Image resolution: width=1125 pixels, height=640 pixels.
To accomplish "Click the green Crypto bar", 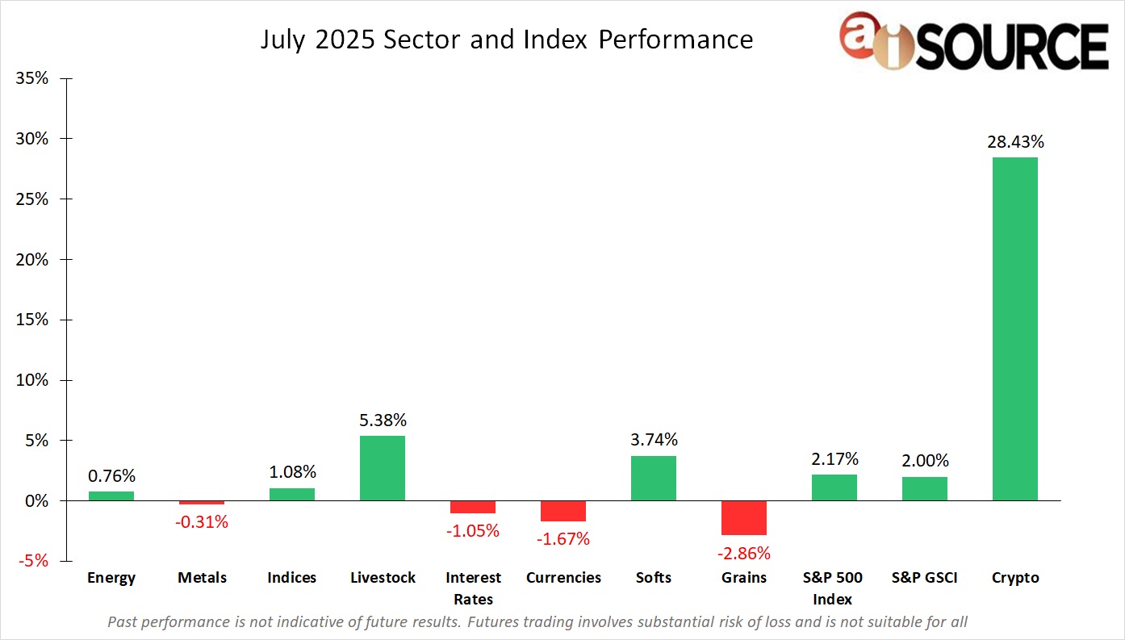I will point(1014,328).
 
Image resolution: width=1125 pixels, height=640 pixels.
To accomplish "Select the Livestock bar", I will point(382,468).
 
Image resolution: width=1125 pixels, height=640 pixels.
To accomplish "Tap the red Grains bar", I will point(743,517).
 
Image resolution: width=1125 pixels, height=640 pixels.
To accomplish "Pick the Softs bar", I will point(653,478).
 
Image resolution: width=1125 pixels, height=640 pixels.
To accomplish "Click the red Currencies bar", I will point(562,511).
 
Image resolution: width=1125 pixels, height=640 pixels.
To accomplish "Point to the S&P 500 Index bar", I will point(834,487).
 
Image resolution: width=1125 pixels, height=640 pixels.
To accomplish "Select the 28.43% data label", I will point(1014,142).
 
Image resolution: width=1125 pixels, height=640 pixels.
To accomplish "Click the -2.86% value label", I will point(743,554).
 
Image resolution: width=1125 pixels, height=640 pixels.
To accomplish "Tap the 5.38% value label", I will point(382,420).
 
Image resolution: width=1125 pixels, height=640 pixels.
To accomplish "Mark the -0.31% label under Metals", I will point(202,522).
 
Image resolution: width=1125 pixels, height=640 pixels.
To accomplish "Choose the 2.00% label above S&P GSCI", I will point(924,461).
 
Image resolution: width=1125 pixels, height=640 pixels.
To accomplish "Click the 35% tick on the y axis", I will point(31,78).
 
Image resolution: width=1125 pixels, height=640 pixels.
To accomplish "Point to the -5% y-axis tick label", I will point(31,561).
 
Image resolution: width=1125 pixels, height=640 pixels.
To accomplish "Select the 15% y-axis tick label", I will point(31,320).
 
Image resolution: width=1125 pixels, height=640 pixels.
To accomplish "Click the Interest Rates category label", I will point(473,588).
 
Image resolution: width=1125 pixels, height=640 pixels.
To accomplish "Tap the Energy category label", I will point(111,578).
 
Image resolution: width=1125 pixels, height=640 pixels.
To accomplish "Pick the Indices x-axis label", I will point(291,578).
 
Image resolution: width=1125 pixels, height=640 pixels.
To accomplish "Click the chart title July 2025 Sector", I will point(506,40).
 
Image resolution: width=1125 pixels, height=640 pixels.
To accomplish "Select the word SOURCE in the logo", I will point(1014,45).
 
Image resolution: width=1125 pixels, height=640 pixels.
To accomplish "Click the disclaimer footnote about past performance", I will point(537,621).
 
